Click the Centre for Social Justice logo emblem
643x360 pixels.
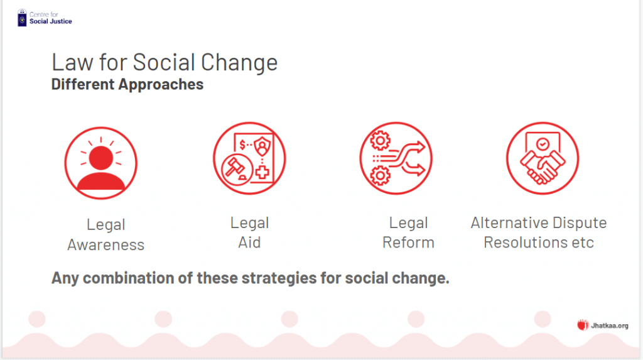(22, 18)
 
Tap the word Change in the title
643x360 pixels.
(239, 63)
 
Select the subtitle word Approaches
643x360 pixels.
(161, 85)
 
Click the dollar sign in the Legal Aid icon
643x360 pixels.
(242, 145)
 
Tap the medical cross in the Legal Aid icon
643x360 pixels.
(262, 172)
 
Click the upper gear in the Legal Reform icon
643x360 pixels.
(380, 141)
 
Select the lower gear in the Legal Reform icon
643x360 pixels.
(380, 176)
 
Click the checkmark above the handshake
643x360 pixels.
(543, 144)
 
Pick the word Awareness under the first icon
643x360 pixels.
(105, 245)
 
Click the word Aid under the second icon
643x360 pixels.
(249, 243)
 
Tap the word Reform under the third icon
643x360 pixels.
(408, 243)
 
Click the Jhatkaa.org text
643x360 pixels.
(609, 326)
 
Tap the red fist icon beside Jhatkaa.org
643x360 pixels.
(583, 325)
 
